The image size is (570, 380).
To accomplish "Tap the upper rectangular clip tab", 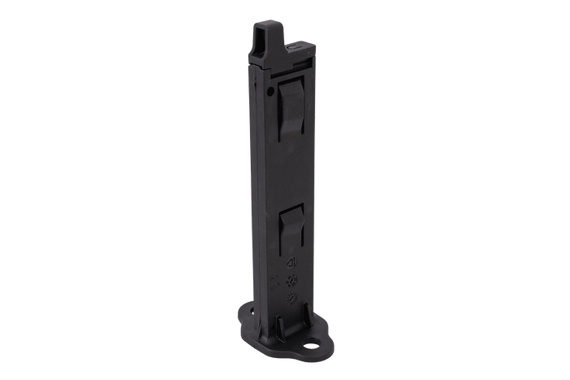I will (x=288, y=105).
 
